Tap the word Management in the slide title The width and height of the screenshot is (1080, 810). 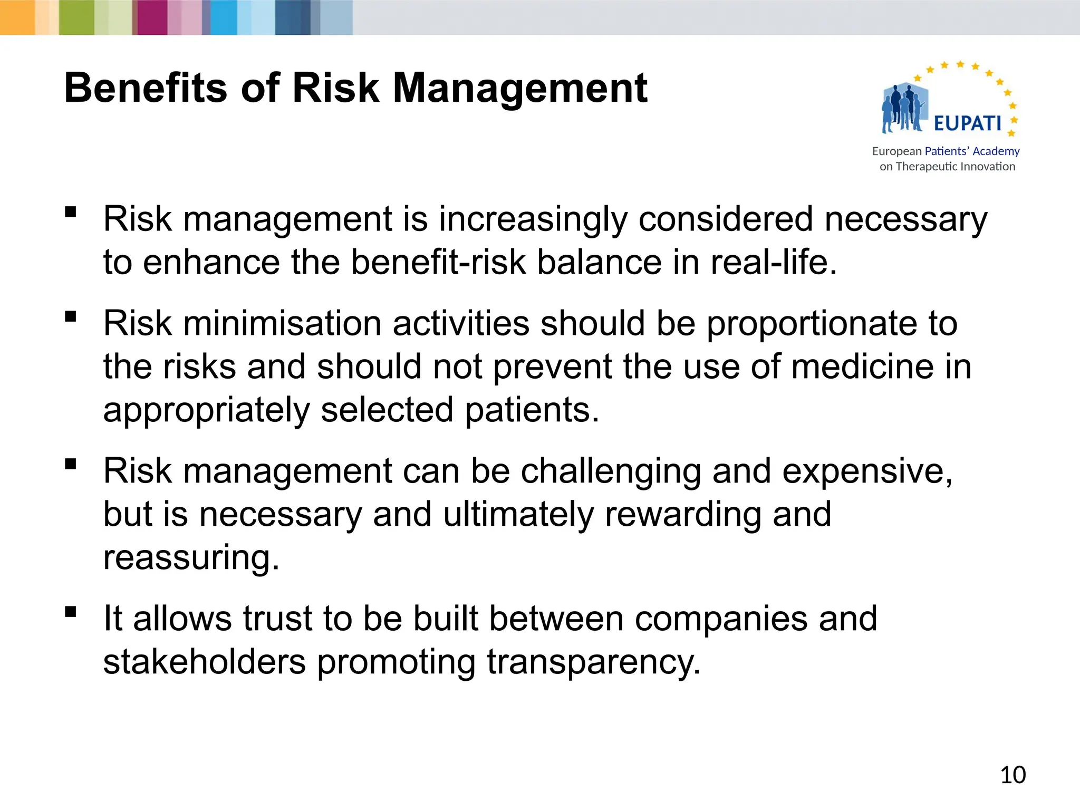click(520, 88)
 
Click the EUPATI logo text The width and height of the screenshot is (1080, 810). click(967, 123)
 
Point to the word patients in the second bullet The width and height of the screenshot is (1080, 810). click(532, 410)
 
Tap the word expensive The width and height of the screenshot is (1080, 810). click(867, 472)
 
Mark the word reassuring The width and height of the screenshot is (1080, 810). click(191, 558)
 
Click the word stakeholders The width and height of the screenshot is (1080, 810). click(204, 662)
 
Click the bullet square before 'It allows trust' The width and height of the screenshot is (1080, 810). click(70, 612)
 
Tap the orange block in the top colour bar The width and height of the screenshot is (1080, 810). click(17, 17)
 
